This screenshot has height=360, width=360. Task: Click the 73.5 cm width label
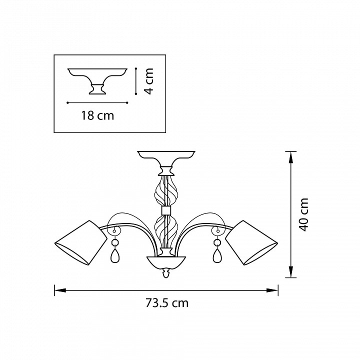(x=167, y=303)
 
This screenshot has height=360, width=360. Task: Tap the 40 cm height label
(x=303, y=214)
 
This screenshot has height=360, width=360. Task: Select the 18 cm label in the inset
(x=97, y=115)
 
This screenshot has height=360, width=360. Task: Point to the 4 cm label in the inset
(x=148, y=81)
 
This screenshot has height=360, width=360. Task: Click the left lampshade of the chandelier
(x=81, y=243)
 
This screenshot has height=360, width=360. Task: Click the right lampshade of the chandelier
(x=251, y=243)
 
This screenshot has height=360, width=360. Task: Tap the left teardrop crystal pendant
(x=114, y=255)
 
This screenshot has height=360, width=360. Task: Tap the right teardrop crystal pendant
(x=217, y=255)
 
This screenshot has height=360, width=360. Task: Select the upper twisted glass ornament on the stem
(x=166, y=191)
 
